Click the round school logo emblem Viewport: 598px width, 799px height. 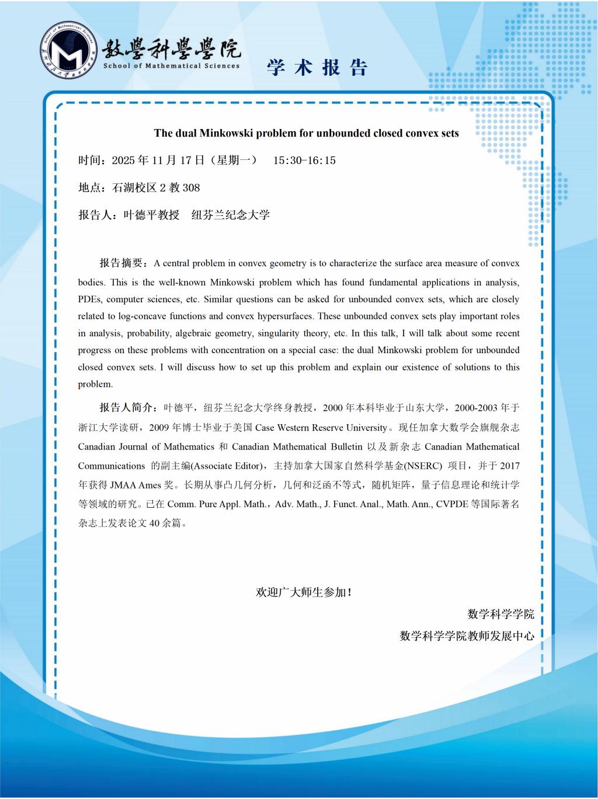point(69,53)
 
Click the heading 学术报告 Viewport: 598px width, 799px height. point(317,68)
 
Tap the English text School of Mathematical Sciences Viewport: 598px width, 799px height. point(171,66)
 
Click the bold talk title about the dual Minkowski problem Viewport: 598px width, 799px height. point(306,133)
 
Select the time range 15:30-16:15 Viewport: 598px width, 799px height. point(304,161)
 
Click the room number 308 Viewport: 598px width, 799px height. point(191,187)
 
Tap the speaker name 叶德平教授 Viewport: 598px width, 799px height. point(151,215)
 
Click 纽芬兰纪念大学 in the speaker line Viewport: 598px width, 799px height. point(231,215)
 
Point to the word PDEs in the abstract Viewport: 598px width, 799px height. point(90,299)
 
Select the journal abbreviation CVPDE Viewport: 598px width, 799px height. point(452,504)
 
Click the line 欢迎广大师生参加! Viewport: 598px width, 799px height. point(304,592)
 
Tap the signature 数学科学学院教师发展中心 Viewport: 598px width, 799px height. point(467,636)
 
